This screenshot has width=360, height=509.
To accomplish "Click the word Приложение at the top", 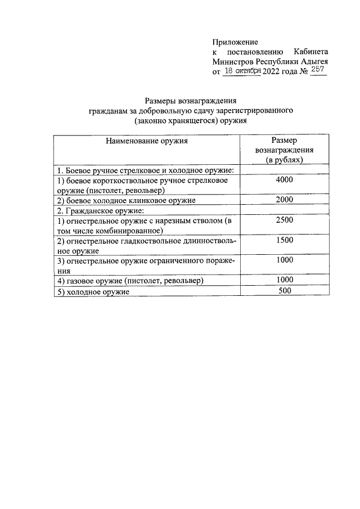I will [235, 42].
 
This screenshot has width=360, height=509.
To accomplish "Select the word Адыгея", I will [313, 62].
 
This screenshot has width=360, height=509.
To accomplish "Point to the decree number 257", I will [318, 71].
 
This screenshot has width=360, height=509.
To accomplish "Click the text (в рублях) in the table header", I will [285, 160].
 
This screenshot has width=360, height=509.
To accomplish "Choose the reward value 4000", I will [285, 180].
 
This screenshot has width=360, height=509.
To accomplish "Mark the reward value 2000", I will [285, 200].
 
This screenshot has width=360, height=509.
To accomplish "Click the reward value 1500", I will [285, 241].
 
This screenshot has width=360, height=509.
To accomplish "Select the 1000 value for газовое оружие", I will [285, 280].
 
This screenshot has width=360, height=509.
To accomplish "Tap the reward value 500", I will [285, 291].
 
